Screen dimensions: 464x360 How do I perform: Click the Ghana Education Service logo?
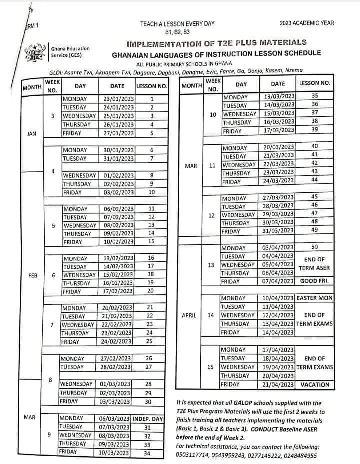(x=35, y=52)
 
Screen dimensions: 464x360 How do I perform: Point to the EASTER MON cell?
(x=315, y=298)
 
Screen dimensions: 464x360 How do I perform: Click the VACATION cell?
(x=315, y=384)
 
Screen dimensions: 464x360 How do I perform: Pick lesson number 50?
(x=314, y=247)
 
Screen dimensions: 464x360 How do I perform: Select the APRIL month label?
(x=190, y=315)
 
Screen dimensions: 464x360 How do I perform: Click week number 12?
(x=212, y=215)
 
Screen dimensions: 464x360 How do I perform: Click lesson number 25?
(x=149, y=342)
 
